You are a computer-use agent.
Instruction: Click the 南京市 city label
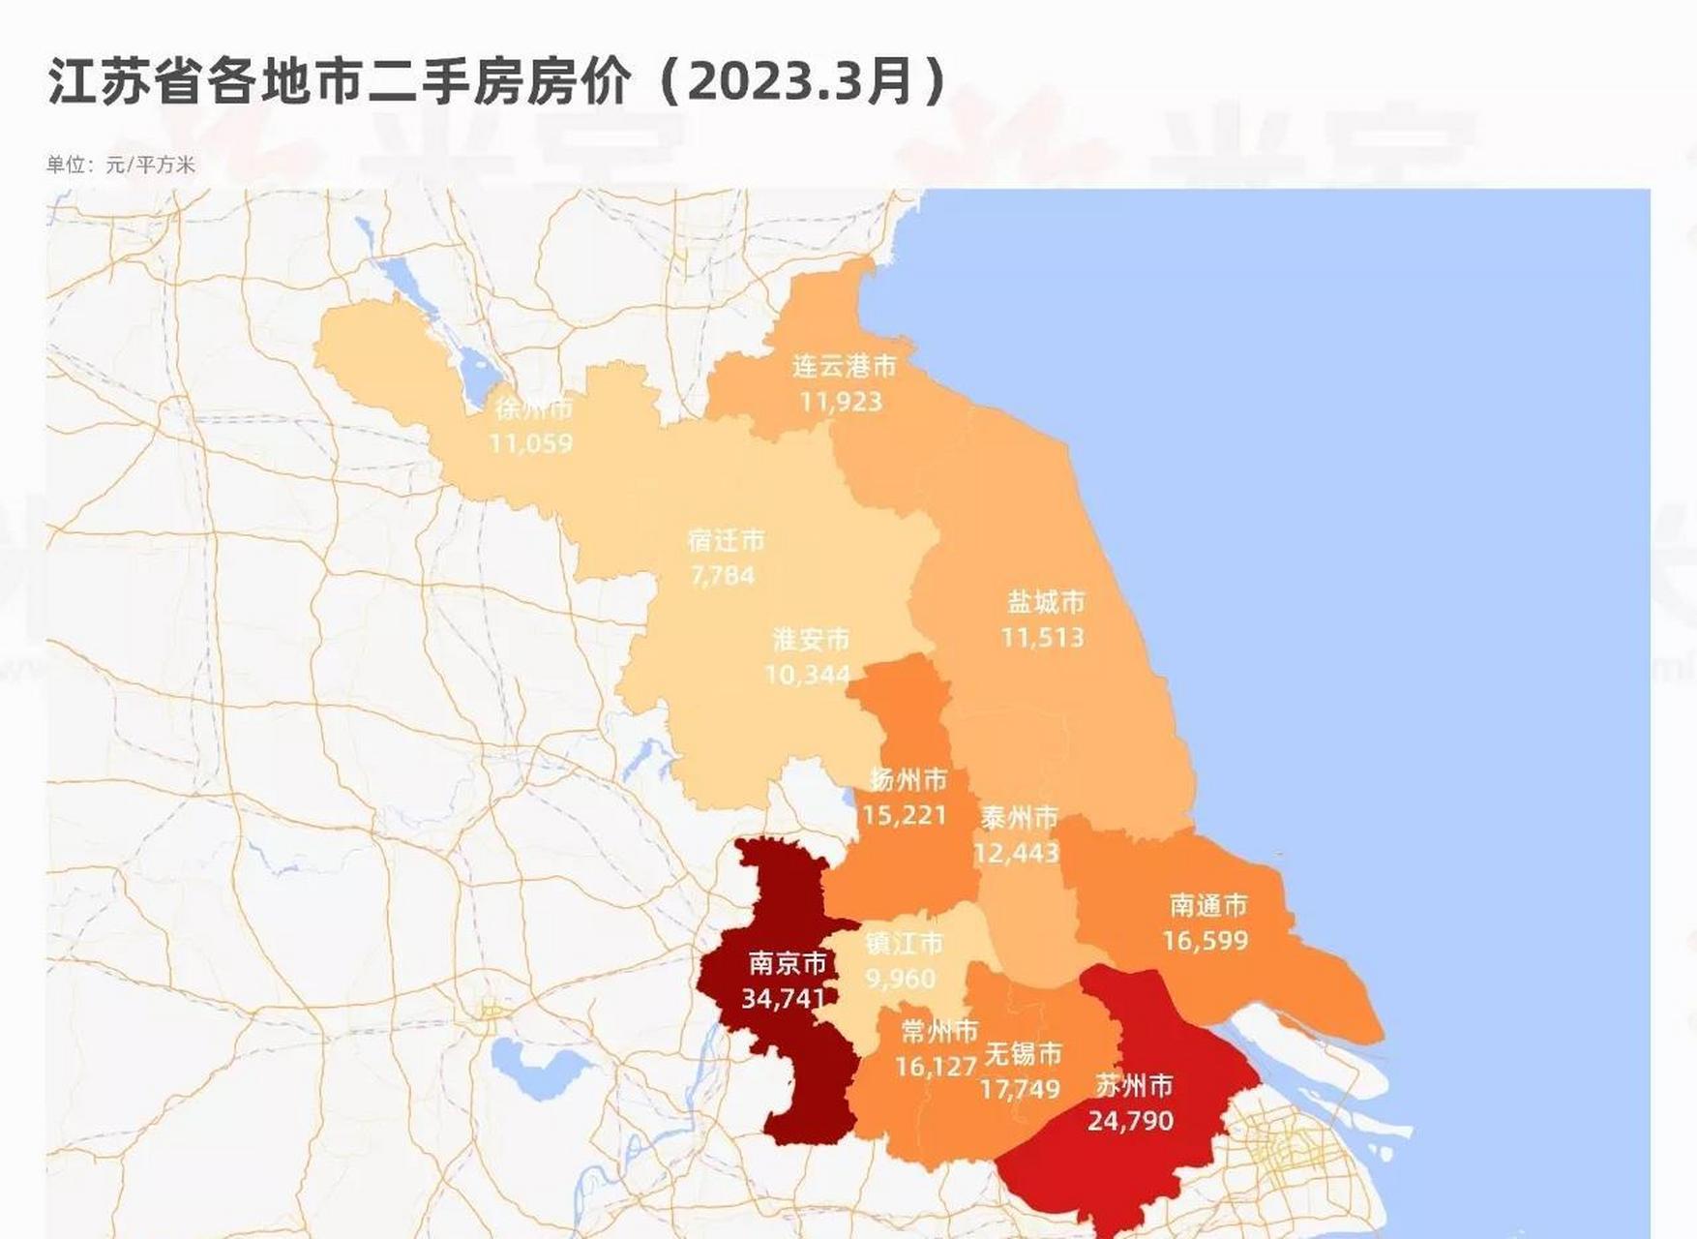[788, 963]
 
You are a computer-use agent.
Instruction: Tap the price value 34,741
[784, 998]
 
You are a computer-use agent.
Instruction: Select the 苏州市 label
[1134, 1086]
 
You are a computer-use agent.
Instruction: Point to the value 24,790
[1130, 1121]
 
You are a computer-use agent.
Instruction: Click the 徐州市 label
[534, 408]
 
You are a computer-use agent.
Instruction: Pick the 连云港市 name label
[844, 366]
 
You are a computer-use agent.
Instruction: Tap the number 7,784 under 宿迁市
[722, 575]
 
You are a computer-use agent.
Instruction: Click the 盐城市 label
[1046, 602]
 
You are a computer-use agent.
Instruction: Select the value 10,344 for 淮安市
[807, 674]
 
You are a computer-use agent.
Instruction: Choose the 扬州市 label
[908, 779]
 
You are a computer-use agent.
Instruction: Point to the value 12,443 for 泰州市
[1016, 853]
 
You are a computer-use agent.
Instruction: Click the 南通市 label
[1208, 905]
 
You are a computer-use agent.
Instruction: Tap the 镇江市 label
[904, 943]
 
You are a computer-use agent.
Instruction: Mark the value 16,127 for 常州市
[936, 1066]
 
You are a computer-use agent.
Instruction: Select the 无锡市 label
[1023, 1053]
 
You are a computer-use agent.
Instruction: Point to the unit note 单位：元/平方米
[121, 165]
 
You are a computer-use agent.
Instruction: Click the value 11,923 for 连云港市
[841, 401]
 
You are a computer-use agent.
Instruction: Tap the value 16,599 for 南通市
[1205, 940]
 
